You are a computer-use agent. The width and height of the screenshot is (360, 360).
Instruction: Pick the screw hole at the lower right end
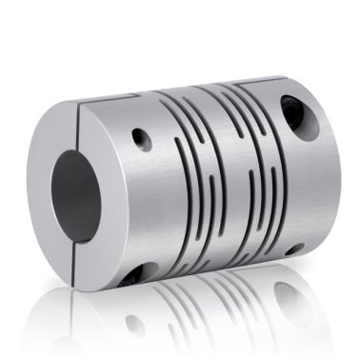click(296, 249)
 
